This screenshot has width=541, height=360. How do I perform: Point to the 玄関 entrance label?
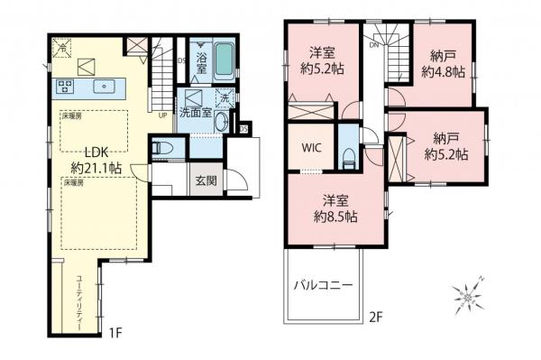[205, 179]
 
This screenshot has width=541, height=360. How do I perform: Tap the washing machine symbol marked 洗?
[225, 98]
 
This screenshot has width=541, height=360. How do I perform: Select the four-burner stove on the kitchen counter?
[66, 88]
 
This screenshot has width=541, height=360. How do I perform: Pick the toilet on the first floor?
[164, 149]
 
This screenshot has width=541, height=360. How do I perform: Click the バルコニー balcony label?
[322, 284]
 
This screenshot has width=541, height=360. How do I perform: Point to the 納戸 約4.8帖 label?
[444, 63]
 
